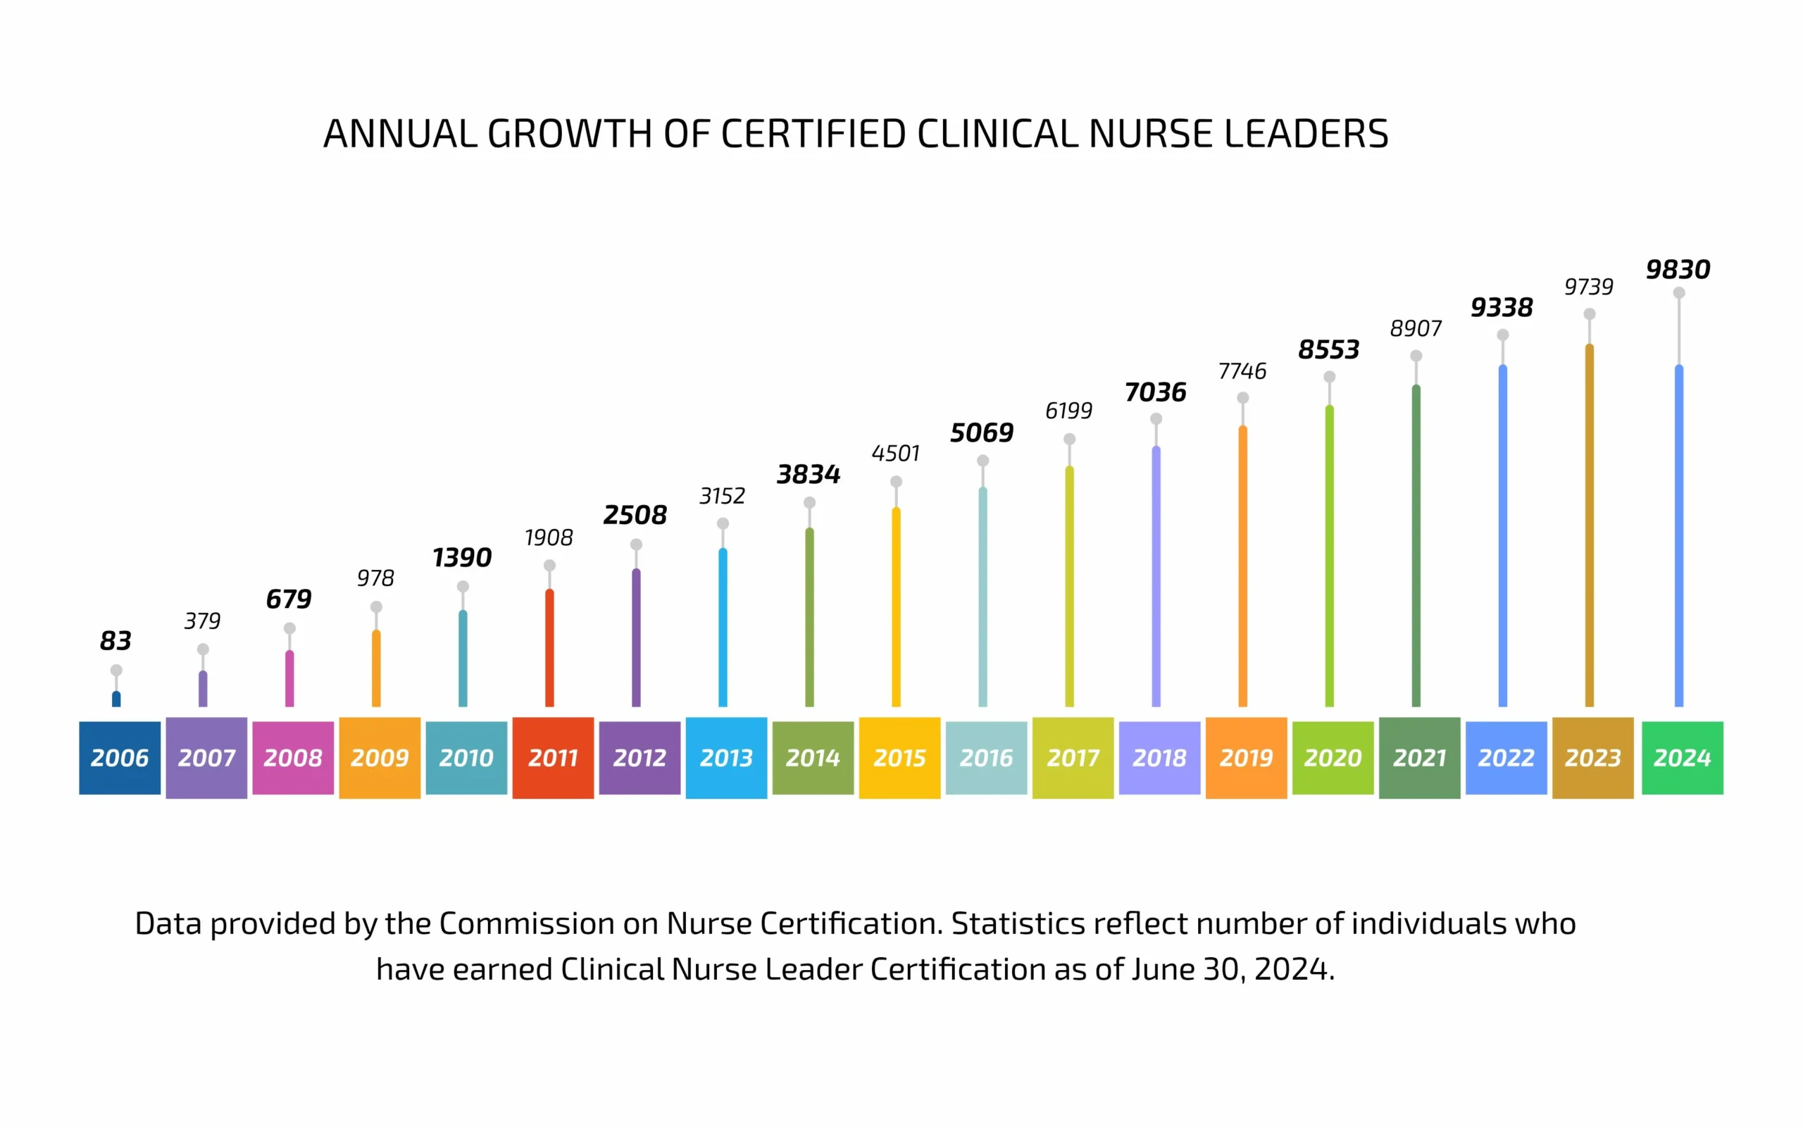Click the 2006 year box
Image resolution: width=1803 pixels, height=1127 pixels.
click(x=119, y=757)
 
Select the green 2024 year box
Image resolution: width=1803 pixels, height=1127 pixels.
click(x=1682, y=757)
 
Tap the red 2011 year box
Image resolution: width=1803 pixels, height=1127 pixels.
click(x=553, y=757)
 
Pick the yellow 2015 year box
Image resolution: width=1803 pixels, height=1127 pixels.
click(x=899, y=757)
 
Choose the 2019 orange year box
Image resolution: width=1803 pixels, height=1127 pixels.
click(x=1246, y=757)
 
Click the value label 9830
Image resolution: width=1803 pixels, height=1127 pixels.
click(x=1678, y=269)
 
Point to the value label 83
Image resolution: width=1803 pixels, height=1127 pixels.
click(x=116, y=640)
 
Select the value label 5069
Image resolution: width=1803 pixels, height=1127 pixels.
click(x=982, y=432)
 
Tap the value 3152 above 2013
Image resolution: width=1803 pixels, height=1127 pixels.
click(x=722, y=496)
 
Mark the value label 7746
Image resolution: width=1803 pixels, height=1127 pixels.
click(x=1242, y=371)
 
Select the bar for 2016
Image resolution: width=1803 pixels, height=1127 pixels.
click(x=982, y=597)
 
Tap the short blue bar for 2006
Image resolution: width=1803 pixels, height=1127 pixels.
click(x=116, y=699)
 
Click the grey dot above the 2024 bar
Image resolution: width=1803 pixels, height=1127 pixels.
click(x=1678, y=293)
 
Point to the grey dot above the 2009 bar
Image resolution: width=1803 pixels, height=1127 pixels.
click(x=376, y=606)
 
